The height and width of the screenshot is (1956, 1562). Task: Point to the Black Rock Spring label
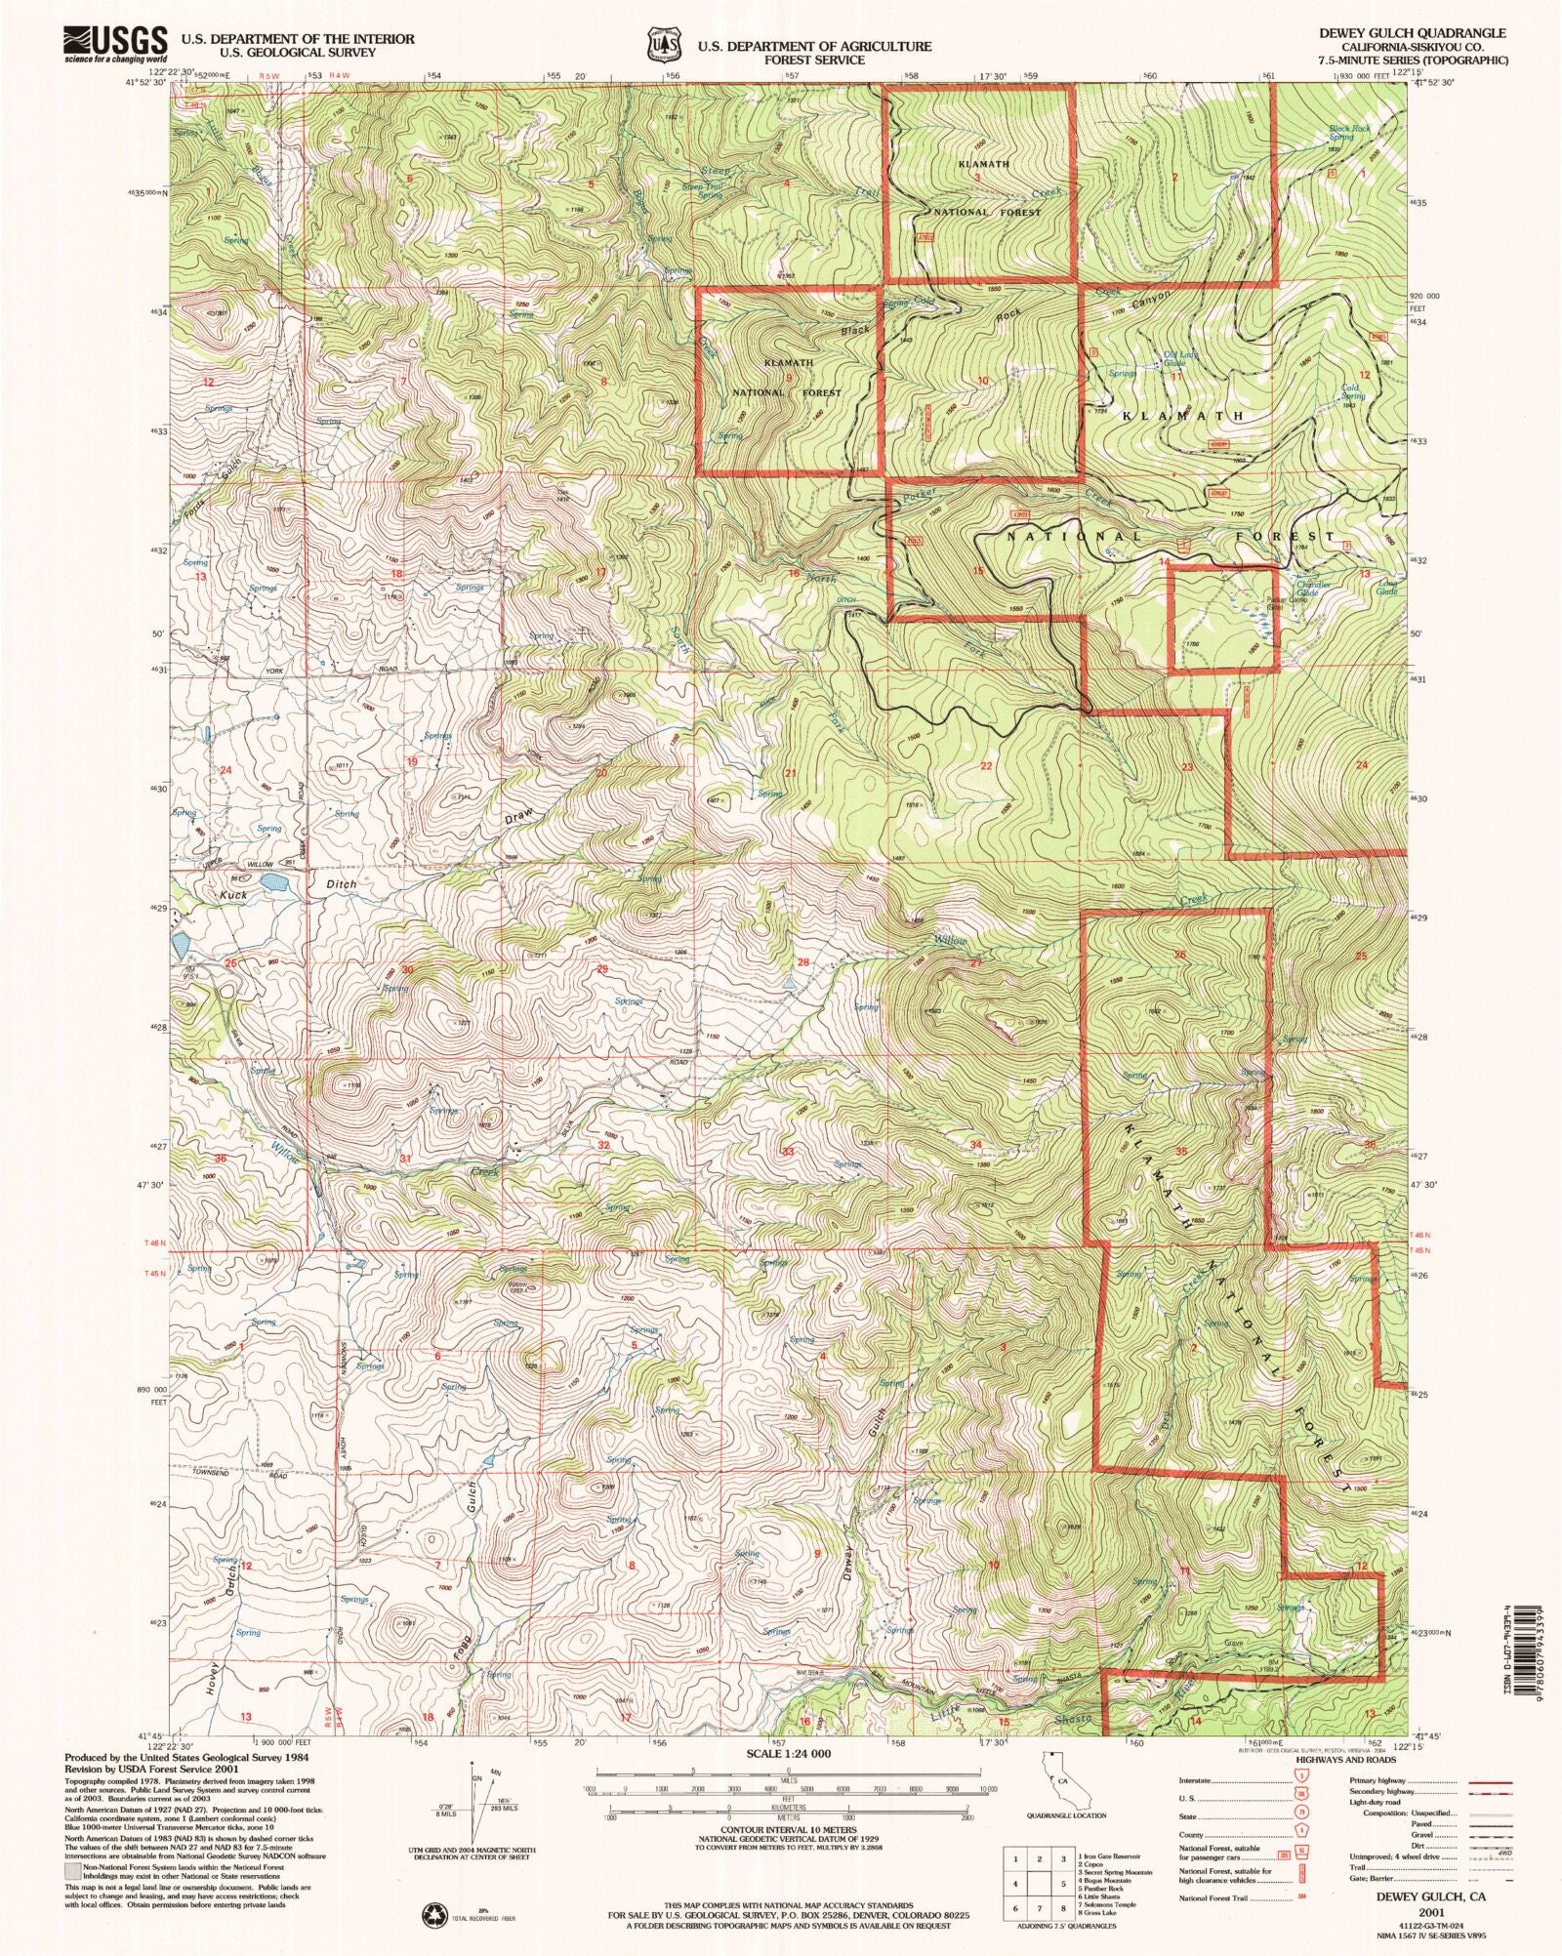(1348, 132)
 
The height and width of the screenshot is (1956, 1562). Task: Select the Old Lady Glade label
(1179, 358)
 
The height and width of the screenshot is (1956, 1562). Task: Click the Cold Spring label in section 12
(1352, 391)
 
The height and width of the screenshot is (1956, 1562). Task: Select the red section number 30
(407, 969)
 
